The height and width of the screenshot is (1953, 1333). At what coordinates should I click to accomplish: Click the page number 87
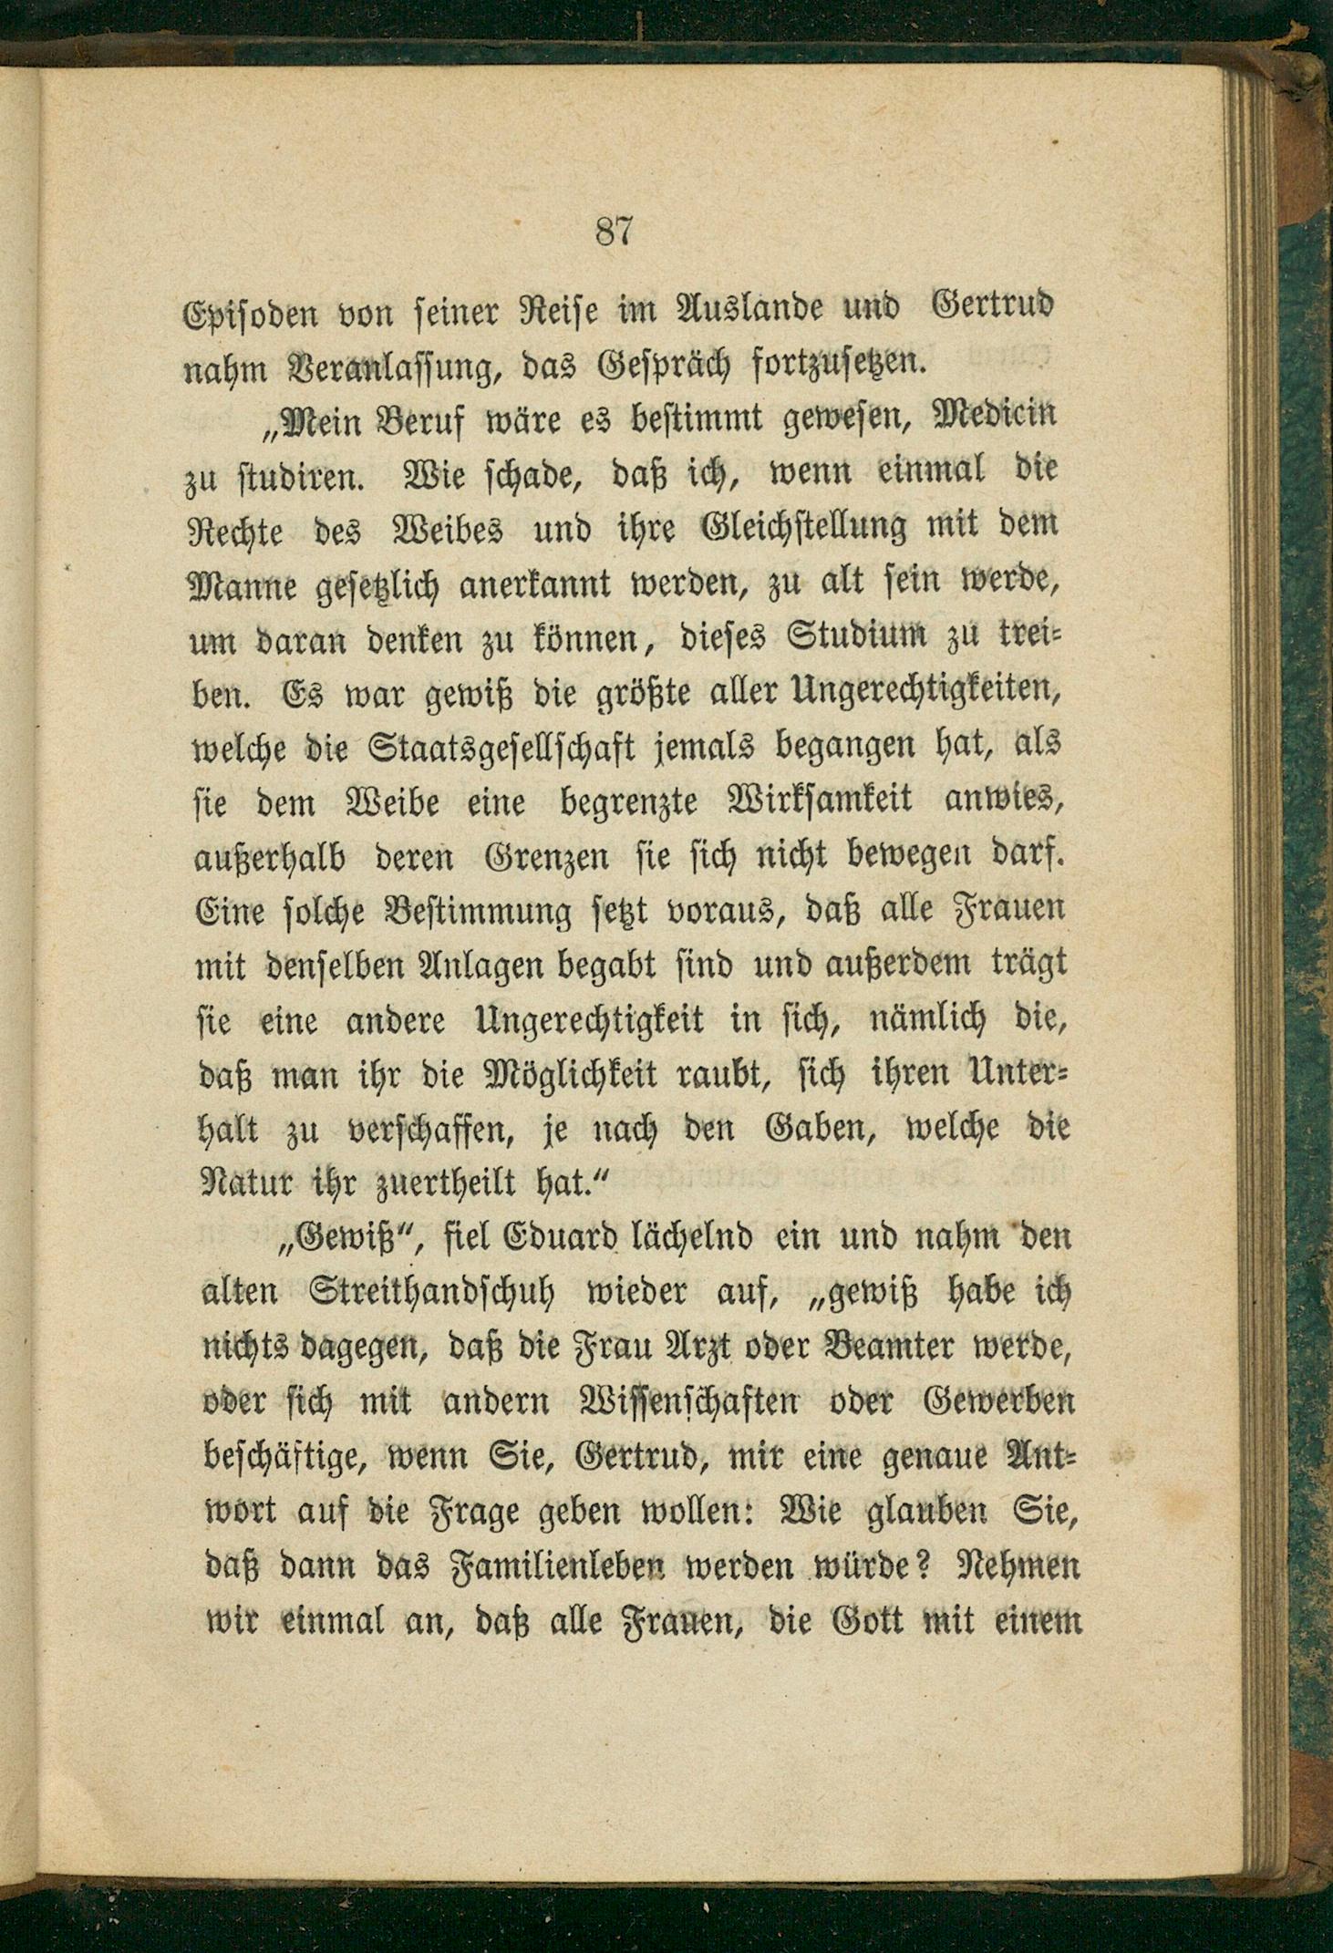coord(614,232)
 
